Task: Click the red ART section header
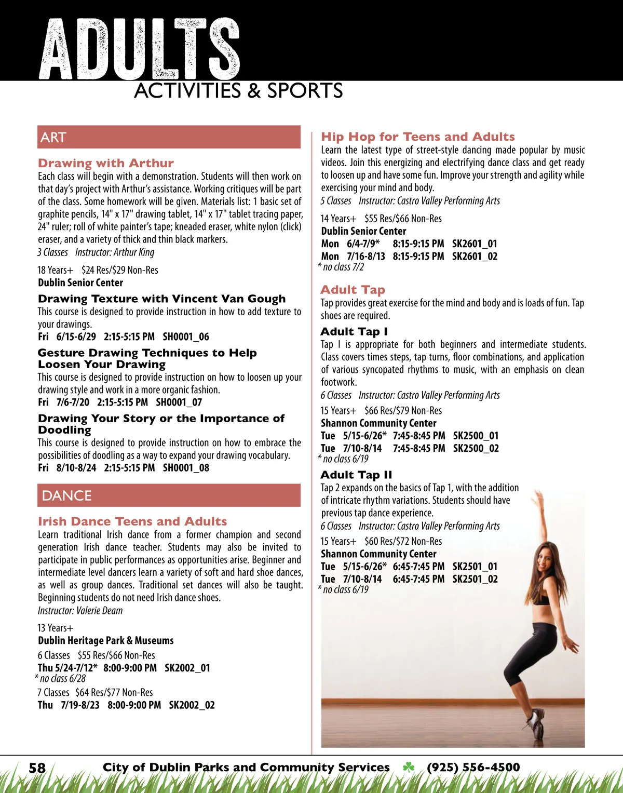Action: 169,137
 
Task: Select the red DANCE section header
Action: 169,495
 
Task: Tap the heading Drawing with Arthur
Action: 106,163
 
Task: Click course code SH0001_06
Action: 186,337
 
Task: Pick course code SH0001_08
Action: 186,467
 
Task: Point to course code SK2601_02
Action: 475,256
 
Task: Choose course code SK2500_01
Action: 476,436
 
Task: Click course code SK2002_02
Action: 192,705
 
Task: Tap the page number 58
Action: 37,768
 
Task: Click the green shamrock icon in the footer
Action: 409,767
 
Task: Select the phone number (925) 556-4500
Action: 473,767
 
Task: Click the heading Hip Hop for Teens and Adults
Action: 418,137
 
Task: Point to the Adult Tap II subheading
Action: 356,475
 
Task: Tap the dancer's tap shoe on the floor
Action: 536,725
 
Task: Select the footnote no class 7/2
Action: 343,267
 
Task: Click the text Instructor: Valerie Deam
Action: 80,610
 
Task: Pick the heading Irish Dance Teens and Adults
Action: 132,521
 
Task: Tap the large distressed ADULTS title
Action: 139,49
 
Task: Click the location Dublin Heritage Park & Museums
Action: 106,640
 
